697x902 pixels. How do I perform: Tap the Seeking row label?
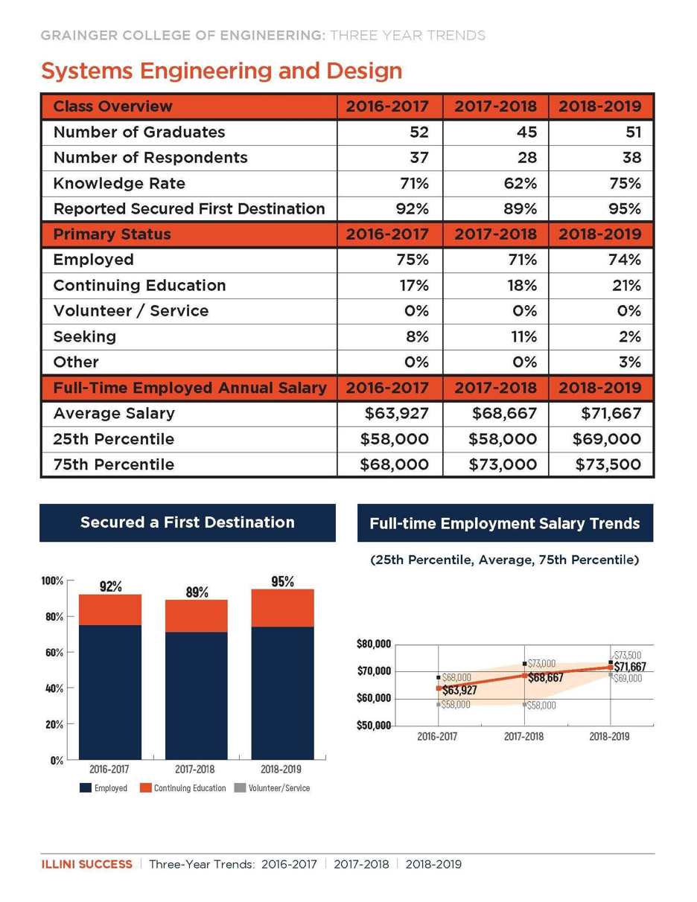85,336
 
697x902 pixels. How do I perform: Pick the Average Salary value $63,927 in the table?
394,413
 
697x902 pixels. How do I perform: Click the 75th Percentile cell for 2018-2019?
608,464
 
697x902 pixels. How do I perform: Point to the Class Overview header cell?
112,106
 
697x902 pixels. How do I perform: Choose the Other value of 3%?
630,362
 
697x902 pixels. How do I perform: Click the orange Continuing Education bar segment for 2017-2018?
196,616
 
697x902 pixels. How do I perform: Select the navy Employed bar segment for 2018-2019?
282,692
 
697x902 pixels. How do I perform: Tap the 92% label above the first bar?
111,586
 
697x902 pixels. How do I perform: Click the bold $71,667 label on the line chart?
630,667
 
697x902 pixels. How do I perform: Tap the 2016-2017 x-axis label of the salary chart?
438,737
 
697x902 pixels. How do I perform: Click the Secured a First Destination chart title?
187,522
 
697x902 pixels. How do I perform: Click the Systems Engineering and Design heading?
222,71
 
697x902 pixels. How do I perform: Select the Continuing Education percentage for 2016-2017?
415,286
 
